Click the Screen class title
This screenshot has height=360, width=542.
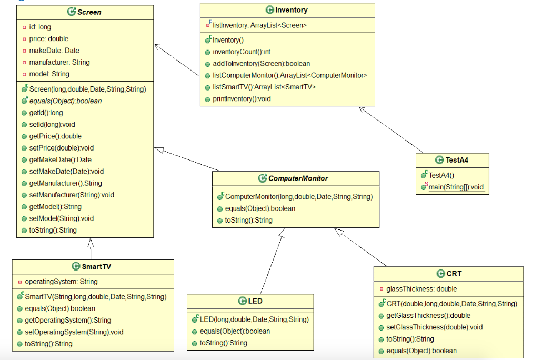click(x=89, y=12)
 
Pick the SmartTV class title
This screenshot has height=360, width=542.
click(x=96, y=266)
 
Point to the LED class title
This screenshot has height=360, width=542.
click(x=255, y=301)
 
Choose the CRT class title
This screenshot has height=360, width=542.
click(x=454, y=274)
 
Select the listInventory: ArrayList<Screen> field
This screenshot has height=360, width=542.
click(x=259, y=25)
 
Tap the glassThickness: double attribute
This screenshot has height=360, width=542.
click(x=421, y=289)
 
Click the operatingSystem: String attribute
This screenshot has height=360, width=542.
click(x=61, y=282)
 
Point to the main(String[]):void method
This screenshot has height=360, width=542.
click(x=456, y=187)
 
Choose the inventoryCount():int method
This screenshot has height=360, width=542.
click(x=241, y=52)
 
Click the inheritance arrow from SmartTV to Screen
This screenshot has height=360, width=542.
click(x=91, y=249)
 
